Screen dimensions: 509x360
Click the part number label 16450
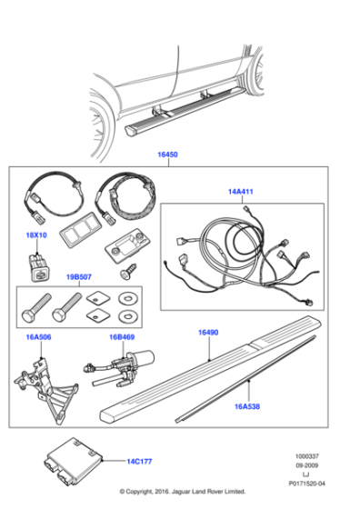pyautogui.click(x=168, y=155)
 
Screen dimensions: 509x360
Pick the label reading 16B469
pyautogui.click(x=121, y=335)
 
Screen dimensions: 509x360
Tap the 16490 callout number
pyautogui.click(x=209, y=334)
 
